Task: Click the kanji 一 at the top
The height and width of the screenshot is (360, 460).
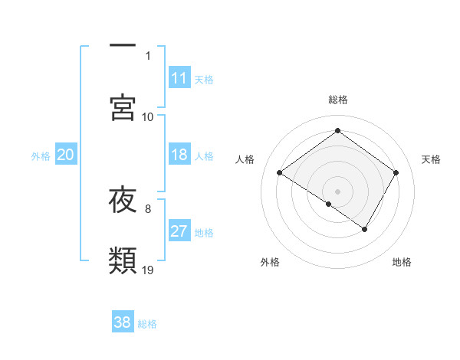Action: click(x=123, y=46)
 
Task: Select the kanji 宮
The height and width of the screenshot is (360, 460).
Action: click(x=123, y=106)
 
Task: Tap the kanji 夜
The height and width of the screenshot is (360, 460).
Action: click(x=123, y=199)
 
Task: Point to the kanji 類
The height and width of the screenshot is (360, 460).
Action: click(x=123, y=260)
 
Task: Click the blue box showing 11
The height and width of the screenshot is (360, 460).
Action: click(x=179, y=78)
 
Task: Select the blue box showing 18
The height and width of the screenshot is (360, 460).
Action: click(x=179, y=155)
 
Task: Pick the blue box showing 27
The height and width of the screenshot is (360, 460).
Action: click(x=179, y=231)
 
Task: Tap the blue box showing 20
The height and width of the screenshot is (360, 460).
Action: click(x=66, y=155)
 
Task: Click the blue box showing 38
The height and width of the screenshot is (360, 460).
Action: click(x=123, y=322)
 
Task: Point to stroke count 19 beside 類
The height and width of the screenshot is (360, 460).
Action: click(x=148, y=270)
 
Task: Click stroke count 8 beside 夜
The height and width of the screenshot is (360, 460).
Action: click(x=148, y=208)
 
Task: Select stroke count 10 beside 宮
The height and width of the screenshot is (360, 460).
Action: click(x=148, y=116)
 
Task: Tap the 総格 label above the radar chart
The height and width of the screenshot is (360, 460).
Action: click(x=338, y=100)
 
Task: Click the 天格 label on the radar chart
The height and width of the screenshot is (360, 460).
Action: click(x=431, y=159)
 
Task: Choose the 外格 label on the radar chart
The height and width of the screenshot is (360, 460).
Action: click(x=270, y=263)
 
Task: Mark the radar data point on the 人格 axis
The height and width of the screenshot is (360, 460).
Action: click(x=280, y=173)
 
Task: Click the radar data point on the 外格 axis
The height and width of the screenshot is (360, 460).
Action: click(x=329, y=204)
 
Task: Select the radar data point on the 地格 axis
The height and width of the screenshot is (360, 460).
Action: click(x=365, y=229)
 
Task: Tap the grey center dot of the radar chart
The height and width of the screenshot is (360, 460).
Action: click(x=337, y=191)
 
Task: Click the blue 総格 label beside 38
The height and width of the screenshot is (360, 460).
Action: click(x=147, y=324)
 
